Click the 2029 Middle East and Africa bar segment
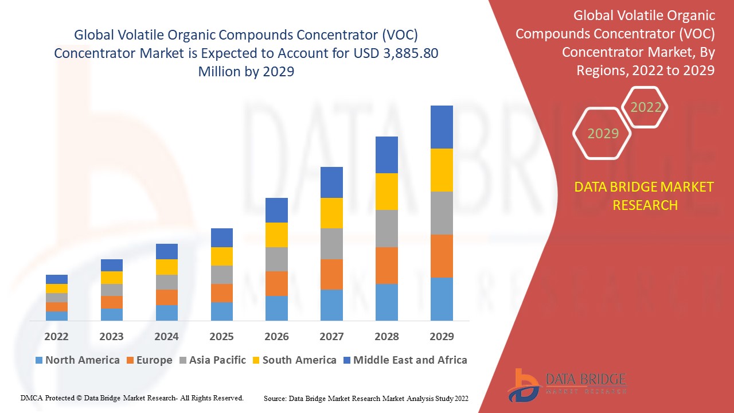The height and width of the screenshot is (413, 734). (442, 127)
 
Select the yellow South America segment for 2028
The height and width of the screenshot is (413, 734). (386, 192)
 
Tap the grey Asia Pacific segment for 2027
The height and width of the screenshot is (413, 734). (331, 244)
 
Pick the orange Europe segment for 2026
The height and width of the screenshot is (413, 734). (276, 283)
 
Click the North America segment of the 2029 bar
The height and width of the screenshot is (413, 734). (442, 299)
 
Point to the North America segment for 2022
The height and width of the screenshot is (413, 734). (57, 315)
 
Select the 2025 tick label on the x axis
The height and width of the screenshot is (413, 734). (221, 336)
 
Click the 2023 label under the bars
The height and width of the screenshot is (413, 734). (111, 336)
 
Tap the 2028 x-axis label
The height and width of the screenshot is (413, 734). (386, 336)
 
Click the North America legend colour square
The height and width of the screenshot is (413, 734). (39, 361)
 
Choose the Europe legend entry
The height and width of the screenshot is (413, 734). (148, 360)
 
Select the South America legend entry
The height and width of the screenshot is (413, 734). (294, 360)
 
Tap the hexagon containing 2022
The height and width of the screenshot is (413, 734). (646, 107)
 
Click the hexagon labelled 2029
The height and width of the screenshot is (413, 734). (603, 134)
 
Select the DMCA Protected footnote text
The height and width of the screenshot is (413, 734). (132, 398)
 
